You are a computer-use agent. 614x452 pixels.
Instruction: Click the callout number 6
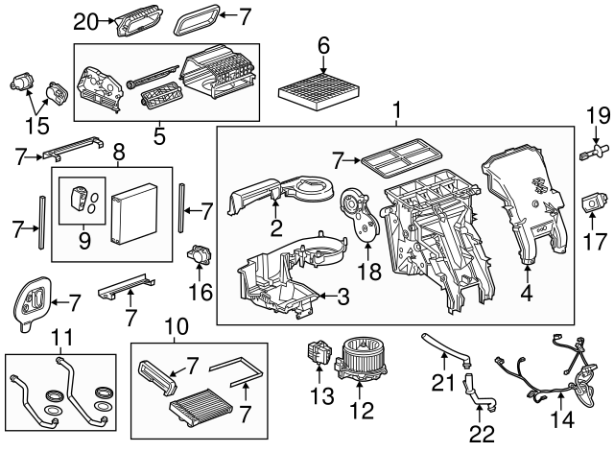point(323,45)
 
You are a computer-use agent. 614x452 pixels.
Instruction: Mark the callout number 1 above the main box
point(395,113)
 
